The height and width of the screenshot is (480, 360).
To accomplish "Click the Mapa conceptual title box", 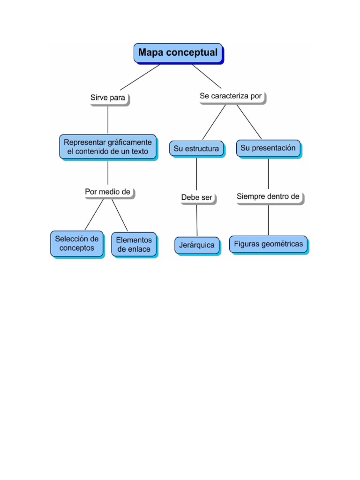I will [x=178, y=53].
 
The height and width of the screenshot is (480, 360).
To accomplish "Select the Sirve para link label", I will [x=108, y=98].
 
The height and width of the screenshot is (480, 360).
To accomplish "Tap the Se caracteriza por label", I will [x=231, y=96].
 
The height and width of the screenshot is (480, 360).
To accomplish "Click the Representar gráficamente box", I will [x=108, y=146].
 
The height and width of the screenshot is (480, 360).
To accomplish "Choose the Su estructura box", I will [x=196, y=149].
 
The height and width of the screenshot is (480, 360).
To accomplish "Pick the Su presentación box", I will [x=268, y=148].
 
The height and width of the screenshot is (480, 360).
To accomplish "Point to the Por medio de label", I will [x=107, y=192].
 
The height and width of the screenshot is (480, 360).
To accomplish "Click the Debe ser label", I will [x=197, y=197].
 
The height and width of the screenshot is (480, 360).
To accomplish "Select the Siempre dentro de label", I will [x=268, y=196].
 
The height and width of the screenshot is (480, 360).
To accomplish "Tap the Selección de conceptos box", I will [x=77, y=243].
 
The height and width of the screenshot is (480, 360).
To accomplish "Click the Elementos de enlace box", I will [x=134, y=244].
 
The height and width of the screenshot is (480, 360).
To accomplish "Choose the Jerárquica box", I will [x=197, y=245].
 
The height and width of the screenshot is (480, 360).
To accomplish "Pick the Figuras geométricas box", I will [x=268, y=244].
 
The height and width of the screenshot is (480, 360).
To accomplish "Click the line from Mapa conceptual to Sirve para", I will [x=140, y=77].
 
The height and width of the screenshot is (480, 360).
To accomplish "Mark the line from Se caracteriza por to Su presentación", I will [x=249, y=122].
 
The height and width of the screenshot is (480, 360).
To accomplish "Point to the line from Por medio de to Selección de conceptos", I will [x=94, y=215].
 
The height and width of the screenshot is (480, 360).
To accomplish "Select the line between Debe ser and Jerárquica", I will [x=196, y=220].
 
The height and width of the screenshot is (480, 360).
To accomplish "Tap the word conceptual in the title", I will [x=195, y=52].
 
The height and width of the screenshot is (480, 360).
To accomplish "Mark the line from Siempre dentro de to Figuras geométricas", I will [x=268, y=220].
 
